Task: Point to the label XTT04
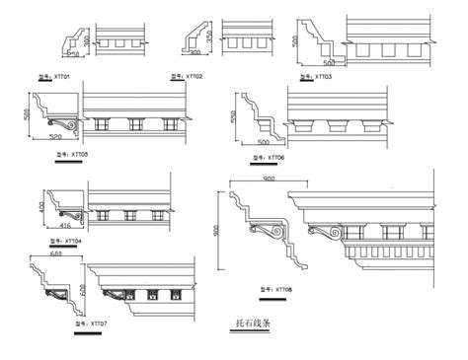67,241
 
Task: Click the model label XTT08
276,289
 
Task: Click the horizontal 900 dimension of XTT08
269,178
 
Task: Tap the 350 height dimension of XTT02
210,36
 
